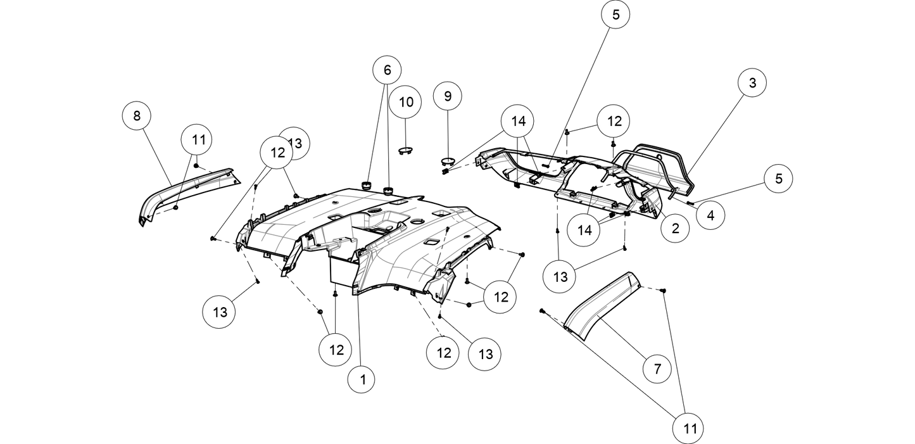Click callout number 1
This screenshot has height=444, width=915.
pyautogui.click(x=362, y=380)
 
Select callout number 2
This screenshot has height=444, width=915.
pyautogui.click(x=675, y=229)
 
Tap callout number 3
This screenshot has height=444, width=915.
pyautogui.click(x=752, y=83)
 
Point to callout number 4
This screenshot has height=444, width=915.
pyautogui.click(x=710, y=215)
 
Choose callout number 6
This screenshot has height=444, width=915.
pyautogui.click(x=387, y=70)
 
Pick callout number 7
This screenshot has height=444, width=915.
pyautogui.click(x=657, y=369)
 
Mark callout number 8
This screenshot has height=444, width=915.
pyautogui.click(x=136, y=116)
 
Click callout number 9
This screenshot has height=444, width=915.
pyautogui.click(x=448, y=96)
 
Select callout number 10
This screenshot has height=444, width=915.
pyautogui.click(x=405, y=102)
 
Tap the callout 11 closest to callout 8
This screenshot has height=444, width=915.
pyautogui.click(x=198, y=140)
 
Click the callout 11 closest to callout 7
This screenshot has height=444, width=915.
pyautogui.click(x=690, y=429)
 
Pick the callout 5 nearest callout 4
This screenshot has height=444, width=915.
pyautogui.click(x=778, y=179)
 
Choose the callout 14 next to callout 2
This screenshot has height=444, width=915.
pyautogui.click(x=584, y=231)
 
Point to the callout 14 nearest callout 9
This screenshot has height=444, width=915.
pyautogui.click(x=518, y=121)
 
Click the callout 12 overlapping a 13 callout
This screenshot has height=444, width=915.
pyautogui.click(x=277, y=153)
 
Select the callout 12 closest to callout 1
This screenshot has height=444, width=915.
pyautogui.click(x=336, y=350)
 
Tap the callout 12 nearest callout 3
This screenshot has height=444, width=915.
pyautogui.click(x=614, y=121)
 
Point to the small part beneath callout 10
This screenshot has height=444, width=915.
pyautogui.click(x=405, y=151)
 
